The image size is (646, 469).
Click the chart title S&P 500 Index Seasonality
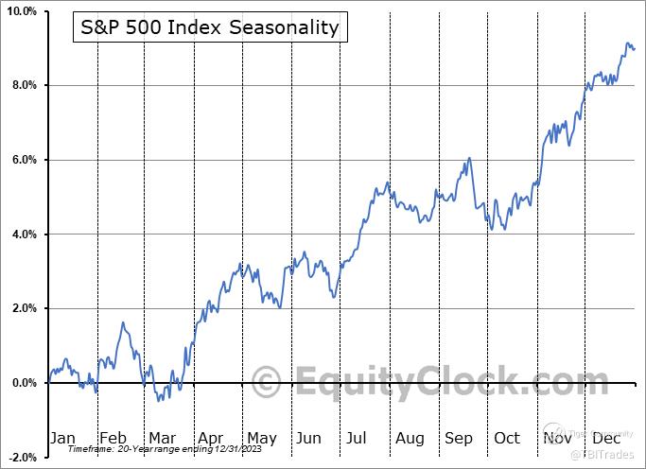[206, 26]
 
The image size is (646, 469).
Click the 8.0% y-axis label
[23, 85]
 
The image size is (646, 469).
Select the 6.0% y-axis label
[23, 160]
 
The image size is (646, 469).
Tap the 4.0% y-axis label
[23, 234]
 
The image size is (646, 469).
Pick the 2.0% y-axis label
[23, 308]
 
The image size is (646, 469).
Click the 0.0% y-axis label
[23, 383]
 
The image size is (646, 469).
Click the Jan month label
[62, 438]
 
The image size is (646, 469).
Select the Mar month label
[162, 438]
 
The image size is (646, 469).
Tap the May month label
[261, 438]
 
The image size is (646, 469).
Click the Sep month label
[459, 438]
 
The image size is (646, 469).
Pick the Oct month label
[507, 438]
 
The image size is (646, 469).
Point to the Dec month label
[606, 438]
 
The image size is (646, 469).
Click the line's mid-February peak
[123, 322]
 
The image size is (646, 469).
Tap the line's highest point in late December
[627, 43]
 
